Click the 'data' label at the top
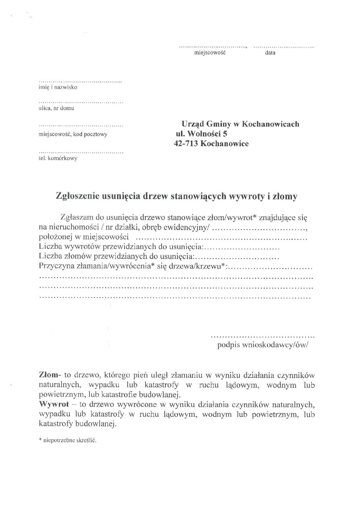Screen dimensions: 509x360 pyautogui.click(x=270, y=53)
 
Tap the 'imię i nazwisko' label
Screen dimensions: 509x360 pyautogui.click(x=58, y=87)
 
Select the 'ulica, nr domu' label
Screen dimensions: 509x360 pyautogui.click(x=56, y=109)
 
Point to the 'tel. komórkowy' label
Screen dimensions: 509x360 pyautogui.click(x=58, y=159)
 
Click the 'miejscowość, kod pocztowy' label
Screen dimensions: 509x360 pyautogui.click(x=73, y=134)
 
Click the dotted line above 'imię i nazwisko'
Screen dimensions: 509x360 pyautogui.click(x=81, y=82)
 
